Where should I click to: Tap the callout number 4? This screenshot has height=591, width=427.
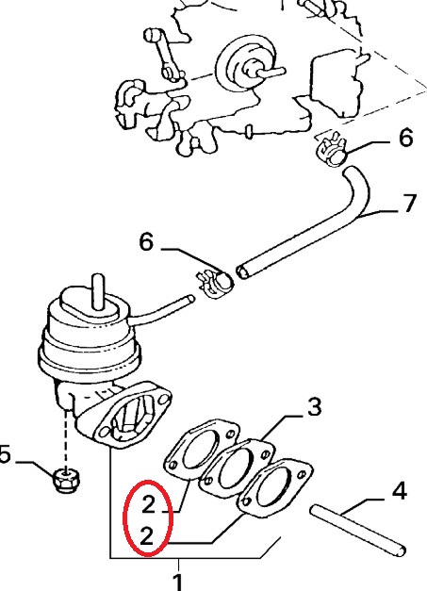coord(398,491)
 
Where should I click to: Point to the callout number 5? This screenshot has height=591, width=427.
coord(5,455)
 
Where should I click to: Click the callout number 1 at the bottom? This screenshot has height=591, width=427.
coord(177,583)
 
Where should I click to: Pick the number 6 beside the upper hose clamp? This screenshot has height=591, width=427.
coord(405,137)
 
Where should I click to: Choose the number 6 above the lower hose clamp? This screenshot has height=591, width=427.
coord(147,241)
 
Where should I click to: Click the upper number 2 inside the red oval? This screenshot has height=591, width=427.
coord(148,504)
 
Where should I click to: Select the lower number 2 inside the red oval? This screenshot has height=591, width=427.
coord(147,536)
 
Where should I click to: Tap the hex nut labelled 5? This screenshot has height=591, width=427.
coord(67,480)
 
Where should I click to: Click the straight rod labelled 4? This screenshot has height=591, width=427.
coord(358,531)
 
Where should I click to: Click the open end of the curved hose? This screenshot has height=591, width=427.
coord(242,271)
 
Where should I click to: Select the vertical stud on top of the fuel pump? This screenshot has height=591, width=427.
coord(98,291)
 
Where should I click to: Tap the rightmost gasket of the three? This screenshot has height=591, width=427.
coord(274,488)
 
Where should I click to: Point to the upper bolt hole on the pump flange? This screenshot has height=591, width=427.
coord(164,399)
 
